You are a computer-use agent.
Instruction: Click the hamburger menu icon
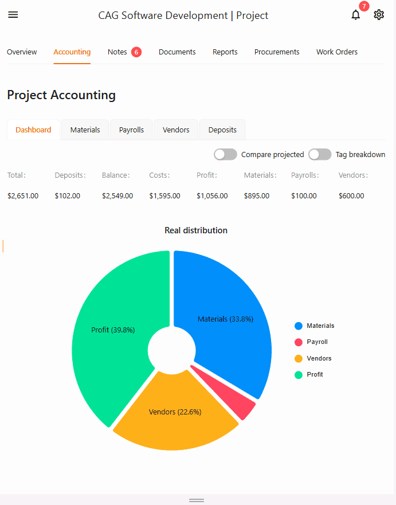(x=13, y=15)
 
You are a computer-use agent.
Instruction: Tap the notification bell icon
(x=356, y=15)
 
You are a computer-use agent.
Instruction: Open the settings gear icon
(x=379, y=15)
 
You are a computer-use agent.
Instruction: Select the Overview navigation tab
(x=22, y=52)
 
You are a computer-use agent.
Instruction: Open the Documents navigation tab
(x=177, y=52)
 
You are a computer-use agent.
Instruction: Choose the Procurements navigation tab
(x=277, y=52)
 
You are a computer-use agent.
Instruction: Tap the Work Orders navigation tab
(x=337, y=52)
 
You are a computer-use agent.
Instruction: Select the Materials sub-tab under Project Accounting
(x=85, y=130)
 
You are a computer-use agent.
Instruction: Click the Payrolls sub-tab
(x=131, y=130)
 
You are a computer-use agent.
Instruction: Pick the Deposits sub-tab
(x=222, y=130)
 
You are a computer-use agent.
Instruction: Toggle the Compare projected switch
(x=225, y=154)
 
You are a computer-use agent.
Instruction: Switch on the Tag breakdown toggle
(x=320, y=154)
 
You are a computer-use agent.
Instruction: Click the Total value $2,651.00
(x=23, y=196)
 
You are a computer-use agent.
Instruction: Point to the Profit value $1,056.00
(x=212, y=196)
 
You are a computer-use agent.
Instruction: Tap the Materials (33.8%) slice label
(x=225, y=319)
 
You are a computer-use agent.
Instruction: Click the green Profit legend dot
(x=299, y=375)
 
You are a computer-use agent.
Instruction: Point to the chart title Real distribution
(x=196, y=230)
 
